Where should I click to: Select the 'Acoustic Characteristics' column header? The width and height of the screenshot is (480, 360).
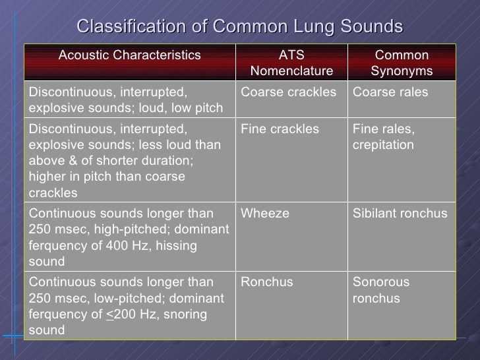tap(130, 56)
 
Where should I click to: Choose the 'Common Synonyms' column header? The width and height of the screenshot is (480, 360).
tap(401, 63)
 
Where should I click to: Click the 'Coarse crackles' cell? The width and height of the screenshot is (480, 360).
tap(289, 92)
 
